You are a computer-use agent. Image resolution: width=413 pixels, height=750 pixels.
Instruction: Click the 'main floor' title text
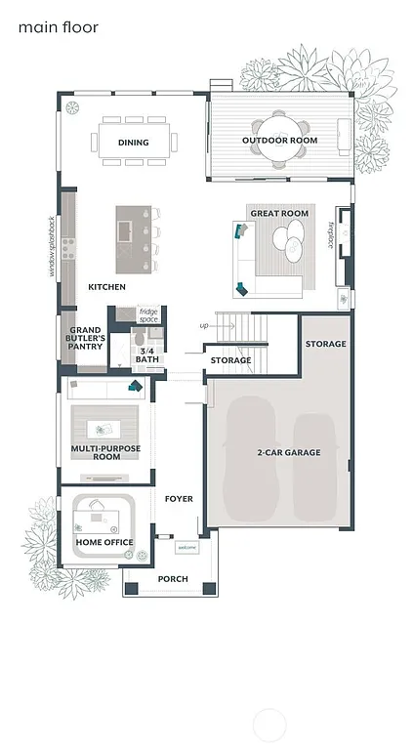[59, 28]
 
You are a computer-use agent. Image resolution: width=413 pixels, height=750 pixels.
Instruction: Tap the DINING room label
[134, 143]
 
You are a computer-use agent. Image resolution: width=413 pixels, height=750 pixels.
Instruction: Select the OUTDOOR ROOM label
[280, 141]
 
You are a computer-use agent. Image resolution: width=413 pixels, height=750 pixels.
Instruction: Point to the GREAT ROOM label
[279, 213]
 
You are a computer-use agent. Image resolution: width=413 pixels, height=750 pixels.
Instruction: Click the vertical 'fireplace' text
[331, 235]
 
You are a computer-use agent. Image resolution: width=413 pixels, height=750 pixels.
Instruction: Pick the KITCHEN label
[106, 287]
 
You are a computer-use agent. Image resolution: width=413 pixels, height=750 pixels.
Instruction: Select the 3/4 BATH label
[147, 354]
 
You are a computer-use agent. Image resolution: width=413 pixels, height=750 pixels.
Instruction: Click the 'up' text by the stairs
[204, 325]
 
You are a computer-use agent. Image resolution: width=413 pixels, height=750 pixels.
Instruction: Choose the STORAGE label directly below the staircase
[230, 360]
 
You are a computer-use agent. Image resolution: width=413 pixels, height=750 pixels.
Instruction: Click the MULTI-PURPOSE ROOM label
[107, 452]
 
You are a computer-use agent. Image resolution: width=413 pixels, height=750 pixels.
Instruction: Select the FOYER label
[179, 499]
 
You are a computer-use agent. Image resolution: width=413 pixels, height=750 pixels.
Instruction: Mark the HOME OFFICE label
[104, 542]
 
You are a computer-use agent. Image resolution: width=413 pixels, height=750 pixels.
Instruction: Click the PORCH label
[173, 579]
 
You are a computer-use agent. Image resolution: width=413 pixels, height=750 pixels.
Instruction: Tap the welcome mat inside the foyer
[186, 548]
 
